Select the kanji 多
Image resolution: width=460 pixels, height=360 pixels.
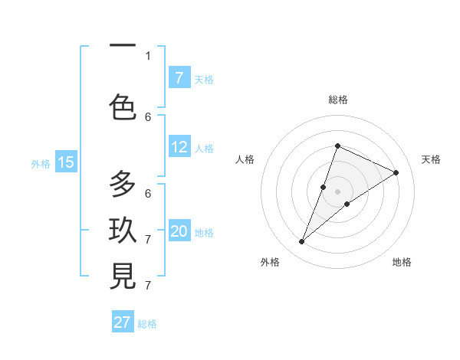(x=123, y=185)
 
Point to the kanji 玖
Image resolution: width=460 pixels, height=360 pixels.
(x=123, y=231)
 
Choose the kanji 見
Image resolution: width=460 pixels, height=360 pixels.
(x=123, y=277)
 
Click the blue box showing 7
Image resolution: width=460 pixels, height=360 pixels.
(x=179, y=78)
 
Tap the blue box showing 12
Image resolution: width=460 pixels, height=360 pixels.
(x=179, y=147)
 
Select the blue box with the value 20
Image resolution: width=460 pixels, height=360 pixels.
(x=179, y=231)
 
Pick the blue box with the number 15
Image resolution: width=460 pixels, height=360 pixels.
(x=66, y=162)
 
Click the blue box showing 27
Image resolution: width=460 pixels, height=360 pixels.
(x=123, y=322)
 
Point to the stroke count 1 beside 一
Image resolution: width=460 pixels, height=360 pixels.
(x=148, y=55)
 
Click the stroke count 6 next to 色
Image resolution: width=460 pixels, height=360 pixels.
(x=148, y=116)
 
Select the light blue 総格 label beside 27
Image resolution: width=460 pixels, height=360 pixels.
(x=147, y=324)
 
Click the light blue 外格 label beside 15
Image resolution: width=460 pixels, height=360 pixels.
(x=40, y=163)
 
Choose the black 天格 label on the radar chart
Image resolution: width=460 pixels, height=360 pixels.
(x=431, y=159)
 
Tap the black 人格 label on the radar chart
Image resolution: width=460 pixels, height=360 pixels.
(x=245, y=159)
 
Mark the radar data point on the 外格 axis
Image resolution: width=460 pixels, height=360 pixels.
(x=301, y=242)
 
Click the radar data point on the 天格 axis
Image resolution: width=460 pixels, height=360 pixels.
(x=396, y=172)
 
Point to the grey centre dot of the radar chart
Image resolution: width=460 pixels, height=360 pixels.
(x=338, y=191)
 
